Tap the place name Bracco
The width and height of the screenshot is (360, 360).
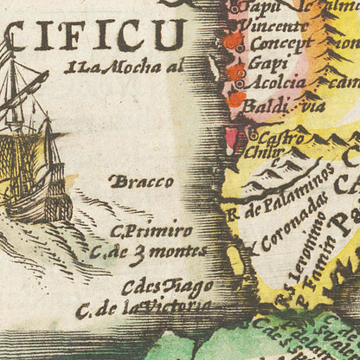pos(142,183)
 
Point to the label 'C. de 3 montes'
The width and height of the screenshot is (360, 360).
pos(149,252)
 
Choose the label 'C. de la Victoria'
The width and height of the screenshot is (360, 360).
pos(143,308)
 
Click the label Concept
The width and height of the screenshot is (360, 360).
pos(280,45)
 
